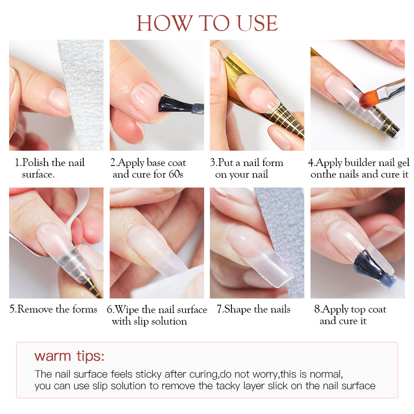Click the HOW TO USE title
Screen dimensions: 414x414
click(207, 23)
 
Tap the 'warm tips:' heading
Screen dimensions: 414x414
click(69, 356)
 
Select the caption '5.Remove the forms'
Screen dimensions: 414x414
click(53, 309)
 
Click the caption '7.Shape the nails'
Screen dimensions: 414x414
click(253, 309)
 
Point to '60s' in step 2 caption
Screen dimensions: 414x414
click(176, 174)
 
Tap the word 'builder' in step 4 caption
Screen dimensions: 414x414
click(360, 163)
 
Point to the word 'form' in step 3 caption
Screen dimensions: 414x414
click(273, 163)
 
